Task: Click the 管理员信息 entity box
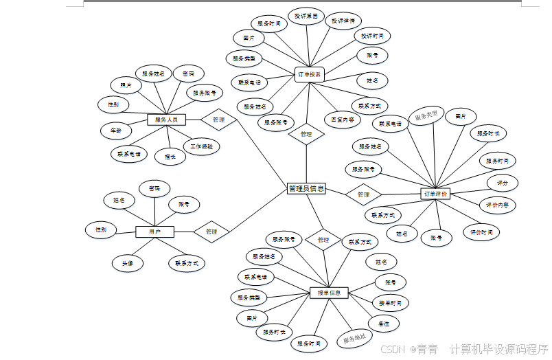tap(306, 189)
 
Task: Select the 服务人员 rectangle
tap(166, 120)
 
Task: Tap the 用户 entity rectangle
tap(154, 232)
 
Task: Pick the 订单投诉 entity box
tap(309, 74)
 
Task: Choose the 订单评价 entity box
tap(435, 194)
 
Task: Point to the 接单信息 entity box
tap(329, 293)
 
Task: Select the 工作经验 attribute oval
tap(201, 146)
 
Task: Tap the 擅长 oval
tap(170, 157)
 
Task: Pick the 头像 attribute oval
tap(128, 262)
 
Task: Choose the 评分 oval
tap(502, 183)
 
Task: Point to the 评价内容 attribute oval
tap(497, 205)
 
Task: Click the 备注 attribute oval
tap(383, 322)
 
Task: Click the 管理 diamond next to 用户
tap(211, 232)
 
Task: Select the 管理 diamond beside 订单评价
tap(363, 194)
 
